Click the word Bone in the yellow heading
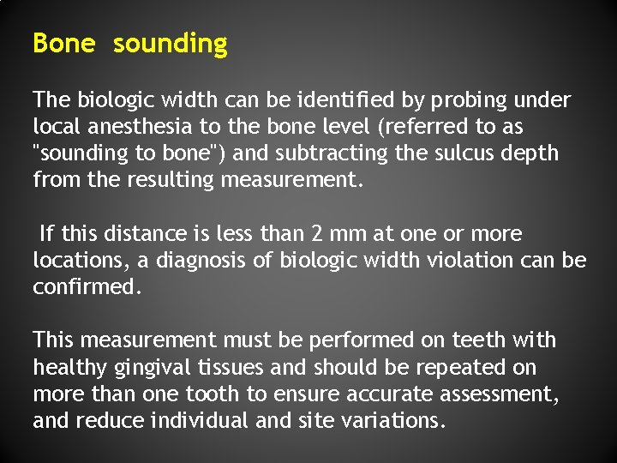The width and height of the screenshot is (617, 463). (63, 44)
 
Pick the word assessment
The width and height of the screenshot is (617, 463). (507, 394)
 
